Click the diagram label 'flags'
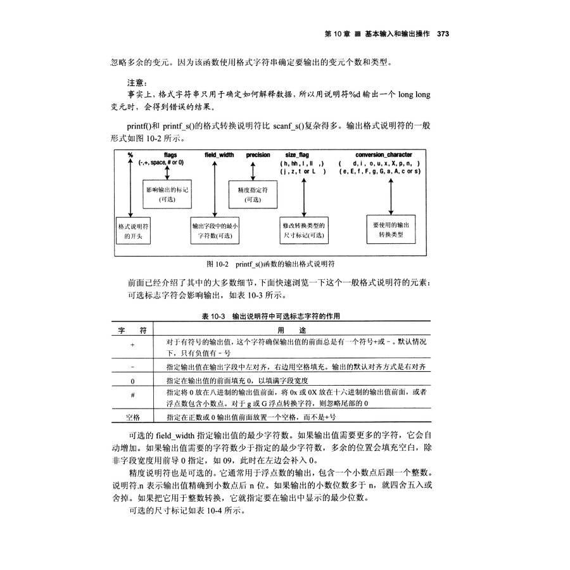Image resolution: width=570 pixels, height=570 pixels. (x=170, y=155)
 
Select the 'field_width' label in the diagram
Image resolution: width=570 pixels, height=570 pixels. (x=218, y=155)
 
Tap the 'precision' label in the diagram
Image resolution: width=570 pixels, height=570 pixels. (x=258, y=155)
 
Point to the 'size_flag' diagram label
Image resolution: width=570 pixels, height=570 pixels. (x=301, y=155)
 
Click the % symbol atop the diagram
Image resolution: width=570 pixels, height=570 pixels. (x=130, y=155)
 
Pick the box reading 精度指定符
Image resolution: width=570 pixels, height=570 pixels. (x=253, y=194)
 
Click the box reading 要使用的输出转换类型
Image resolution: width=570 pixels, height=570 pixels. (x=391, y=229)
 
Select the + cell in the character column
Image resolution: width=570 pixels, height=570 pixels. (x=132, y=345)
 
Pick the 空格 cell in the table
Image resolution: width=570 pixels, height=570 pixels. (x=132, y=417)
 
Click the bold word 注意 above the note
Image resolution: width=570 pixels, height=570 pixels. (x=137, y=82)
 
